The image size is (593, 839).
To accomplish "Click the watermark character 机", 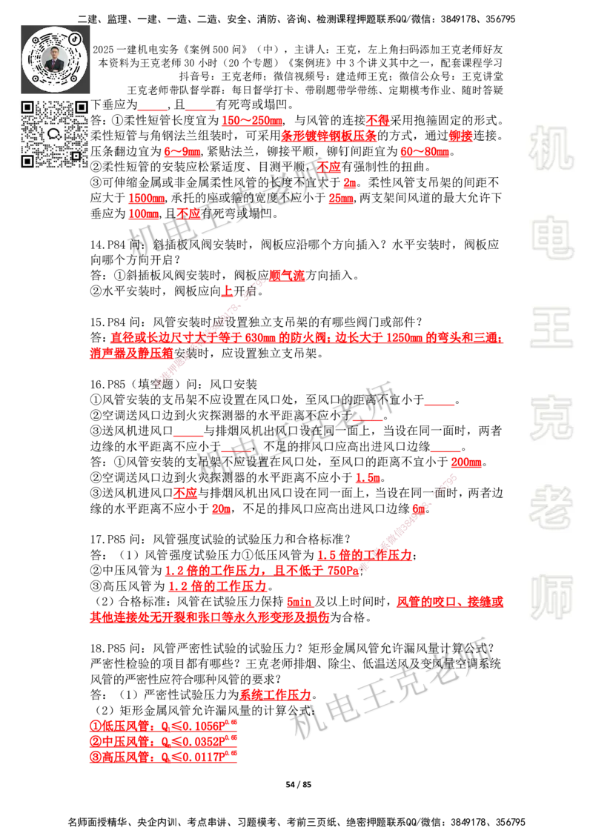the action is [551, 148].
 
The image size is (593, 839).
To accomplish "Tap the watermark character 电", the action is [554, 237].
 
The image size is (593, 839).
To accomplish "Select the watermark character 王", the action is [551, 328].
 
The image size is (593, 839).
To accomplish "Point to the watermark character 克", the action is [551, 417].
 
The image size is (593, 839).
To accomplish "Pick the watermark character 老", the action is [551, 507].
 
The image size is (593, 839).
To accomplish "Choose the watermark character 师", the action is [551, 599].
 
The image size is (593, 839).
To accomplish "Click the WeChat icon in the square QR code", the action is [54, 134].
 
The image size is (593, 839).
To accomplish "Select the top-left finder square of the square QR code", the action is [28, 107].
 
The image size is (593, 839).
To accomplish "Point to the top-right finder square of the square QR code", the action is [81, 107].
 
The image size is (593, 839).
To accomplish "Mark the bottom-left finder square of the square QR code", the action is [28, 160].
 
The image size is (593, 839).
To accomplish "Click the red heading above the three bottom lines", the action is [276, 695].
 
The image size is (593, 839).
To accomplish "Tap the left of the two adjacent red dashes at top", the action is [152, 110].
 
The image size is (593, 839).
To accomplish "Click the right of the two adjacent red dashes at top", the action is [200, 110].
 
